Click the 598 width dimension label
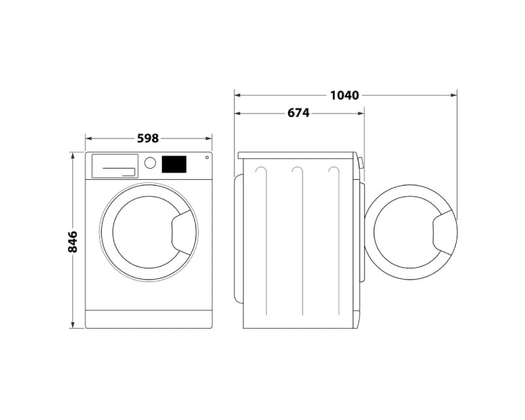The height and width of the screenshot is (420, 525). point(148,138)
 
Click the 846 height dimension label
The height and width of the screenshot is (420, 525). point(73,241)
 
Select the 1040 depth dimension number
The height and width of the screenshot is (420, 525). point(344,95)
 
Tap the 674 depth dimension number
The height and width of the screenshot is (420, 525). point(298,113)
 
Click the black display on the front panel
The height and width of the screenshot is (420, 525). point(174,164)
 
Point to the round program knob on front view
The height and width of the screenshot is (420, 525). point(150,163)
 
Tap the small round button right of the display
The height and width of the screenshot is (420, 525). point(207,157)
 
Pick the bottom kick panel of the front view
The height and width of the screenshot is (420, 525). point(148,319)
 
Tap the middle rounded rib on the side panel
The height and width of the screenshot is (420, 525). point(297,243)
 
